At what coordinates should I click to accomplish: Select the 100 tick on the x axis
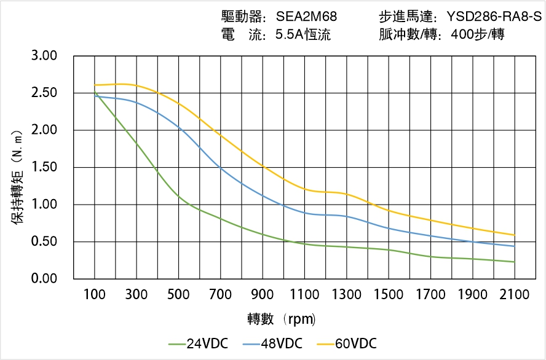pos(94,295)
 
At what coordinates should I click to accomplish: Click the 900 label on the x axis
pos(263,295)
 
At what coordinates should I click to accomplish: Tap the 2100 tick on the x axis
pos(515,295)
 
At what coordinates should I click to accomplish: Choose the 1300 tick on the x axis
pos(347,295)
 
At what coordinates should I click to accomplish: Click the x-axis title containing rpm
pos(282,319)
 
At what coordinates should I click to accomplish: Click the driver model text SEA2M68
pos(306,17)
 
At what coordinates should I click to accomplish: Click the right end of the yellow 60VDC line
pos(515,235)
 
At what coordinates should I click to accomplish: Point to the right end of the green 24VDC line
pos(515,262)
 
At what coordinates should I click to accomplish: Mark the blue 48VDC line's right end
pos(515,246)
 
